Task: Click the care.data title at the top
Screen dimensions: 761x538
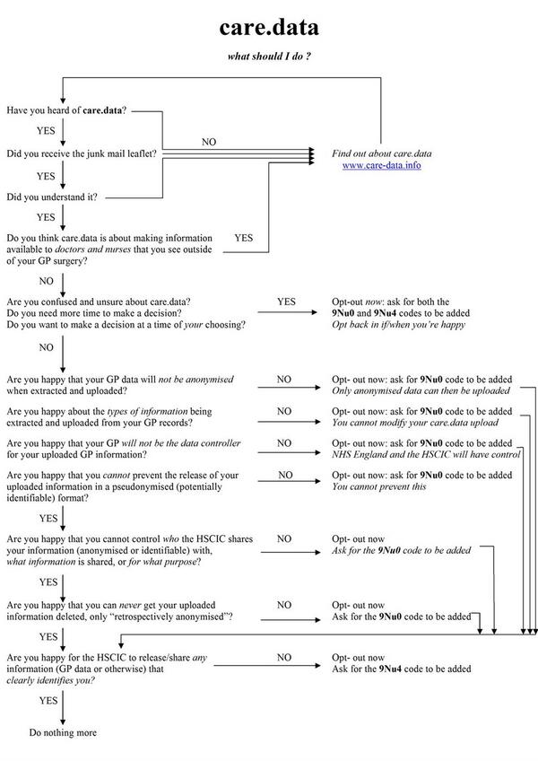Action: click(269, 28)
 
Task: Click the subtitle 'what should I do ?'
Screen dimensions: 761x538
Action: click(269, 57)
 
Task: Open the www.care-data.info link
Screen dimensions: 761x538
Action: click(381, 166)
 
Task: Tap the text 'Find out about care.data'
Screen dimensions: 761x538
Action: click(381, 153)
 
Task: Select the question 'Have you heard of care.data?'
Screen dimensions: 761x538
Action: click(66, 110)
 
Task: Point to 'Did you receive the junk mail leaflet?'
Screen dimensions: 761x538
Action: click(82, 153)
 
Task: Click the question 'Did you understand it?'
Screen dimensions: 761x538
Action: click(52, 197)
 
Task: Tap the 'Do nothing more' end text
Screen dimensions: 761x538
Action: click(63, 733)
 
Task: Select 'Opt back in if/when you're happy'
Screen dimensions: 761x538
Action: click(398, 325)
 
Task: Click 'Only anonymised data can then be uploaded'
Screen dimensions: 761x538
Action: click(421, 391)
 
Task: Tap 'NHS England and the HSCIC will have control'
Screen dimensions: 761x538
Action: click(425, 455)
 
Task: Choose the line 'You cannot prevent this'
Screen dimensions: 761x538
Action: click(378, 486)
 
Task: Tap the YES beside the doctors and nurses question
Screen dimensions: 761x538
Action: click(243, 239)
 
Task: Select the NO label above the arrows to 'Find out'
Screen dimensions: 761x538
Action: click(208, 143)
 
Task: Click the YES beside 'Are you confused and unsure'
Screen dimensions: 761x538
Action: click(286, 302)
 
